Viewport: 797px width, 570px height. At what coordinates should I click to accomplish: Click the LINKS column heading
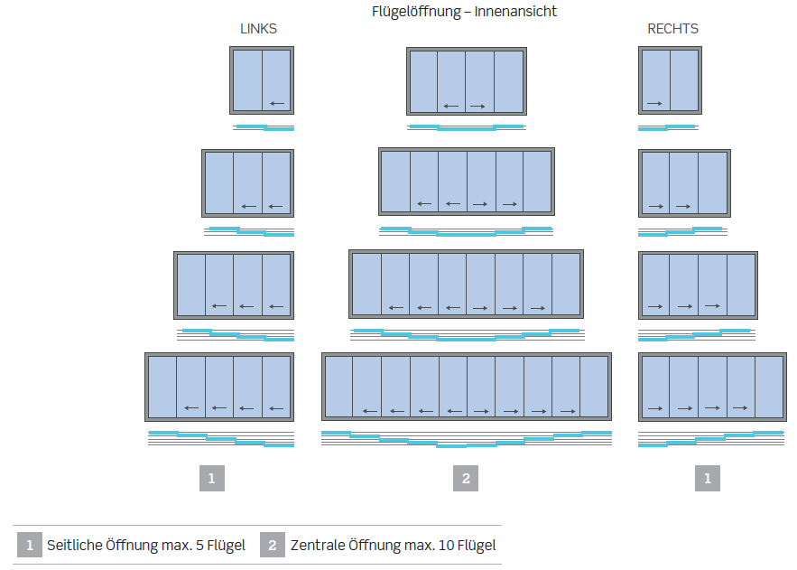click(258, 29)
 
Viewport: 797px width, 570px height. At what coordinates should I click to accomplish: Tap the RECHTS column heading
click(672, 29)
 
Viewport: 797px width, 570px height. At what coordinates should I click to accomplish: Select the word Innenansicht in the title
click(516, 12)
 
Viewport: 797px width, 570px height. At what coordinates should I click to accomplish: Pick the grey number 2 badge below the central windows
click(466, 479)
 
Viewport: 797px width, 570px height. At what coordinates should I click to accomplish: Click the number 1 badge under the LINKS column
click(211, 479)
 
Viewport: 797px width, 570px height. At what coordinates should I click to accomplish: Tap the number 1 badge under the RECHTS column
click(707, 479)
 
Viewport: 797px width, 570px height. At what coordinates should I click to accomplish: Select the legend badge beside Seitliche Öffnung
click(30, 545)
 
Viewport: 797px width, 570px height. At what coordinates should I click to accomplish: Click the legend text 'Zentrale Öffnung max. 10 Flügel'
click(393, 546)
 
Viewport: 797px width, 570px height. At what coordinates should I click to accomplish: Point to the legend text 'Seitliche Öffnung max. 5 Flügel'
click(146, 546)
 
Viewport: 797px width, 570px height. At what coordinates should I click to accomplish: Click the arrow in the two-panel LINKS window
click(277, 103)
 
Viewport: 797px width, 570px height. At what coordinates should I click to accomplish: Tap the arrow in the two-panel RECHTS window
click(654, 103)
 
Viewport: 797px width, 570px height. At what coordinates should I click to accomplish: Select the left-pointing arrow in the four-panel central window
click(451, 107)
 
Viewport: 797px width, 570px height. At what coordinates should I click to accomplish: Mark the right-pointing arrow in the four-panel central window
click(478, 107)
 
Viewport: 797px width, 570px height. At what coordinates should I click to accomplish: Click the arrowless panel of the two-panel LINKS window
click(247, 80)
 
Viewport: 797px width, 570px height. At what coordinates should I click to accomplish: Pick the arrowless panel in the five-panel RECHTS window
click(768, 387)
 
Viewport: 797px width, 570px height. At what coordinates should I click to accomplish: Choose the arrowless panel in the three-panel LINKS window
click(219, 182)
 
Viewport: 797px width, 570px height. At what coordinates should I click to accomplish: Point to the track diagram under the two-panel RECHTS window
click(668, 127)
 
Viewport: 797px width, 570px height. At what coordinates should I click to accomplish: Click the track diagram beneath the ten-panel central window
click(466, 440)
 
